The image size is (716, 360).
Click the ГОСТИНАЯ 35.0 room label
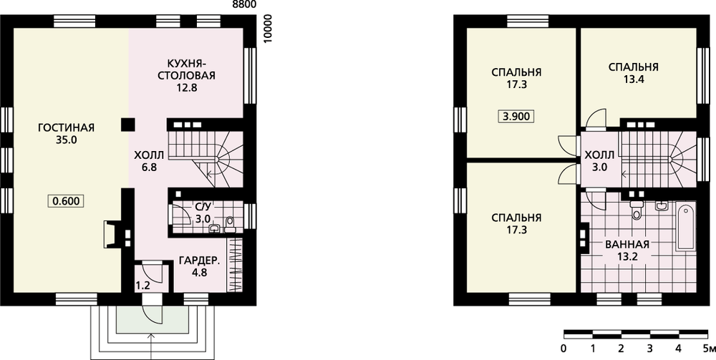point(66,134)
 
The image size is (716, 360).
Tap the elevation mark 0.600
point(66,201)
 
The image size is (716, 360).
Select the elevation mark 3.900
point(516,117)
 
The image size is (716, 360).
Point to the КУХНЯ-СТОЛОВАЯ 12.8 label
point(186,75)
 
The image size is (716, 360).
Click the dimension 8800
point(244,4)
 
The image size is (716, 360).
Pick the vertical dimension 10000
point(268,29)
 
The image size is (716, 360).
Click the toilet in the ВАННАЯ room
point(635,210)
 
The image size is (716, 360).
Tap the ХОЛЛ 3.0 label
point(599,160)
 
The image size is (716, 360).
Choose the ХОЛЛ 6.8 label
point(149,161)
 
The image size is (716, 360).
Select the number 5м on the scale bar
point(709,349)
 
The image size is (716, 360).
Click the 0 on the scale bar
point(564,349)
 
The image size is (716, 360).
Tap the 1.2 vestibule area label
point(142,286)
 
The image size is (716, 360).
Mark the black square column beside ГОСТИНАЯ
point(128,125)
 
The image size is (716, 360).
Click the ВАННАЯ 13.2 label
point(627,250)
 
